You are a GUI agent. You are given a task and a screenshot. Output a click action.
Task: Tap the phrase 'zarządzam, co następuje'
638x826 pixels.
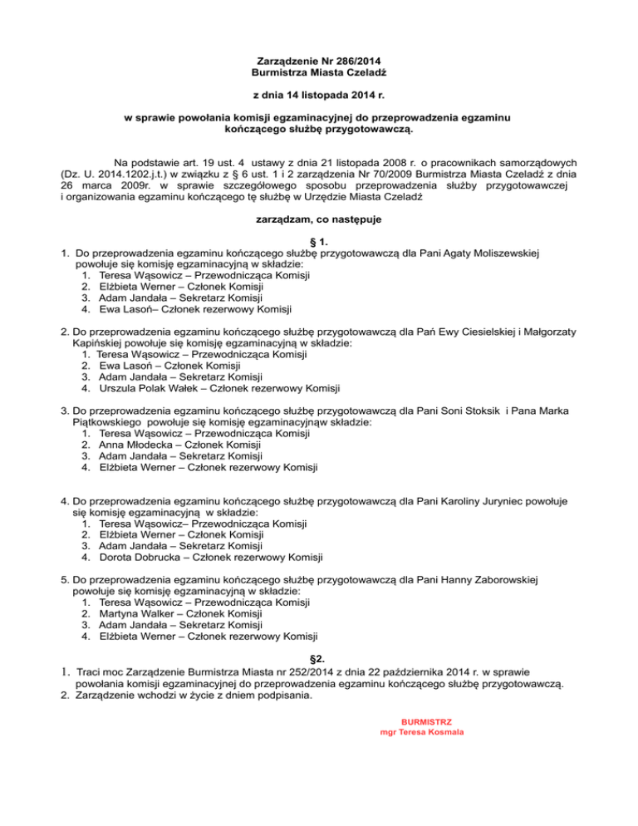(319, 220)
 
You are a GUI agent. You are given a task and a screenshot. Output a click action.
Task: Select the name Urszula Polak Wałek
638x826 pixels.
(155, 387)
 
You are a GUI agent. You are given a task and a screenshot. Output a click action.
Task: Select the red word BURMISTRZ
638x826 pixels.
(420, 722)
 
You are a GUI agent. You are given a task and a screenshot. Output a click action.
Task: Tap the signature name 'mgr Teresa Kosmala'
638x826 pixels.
(420, 733)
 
